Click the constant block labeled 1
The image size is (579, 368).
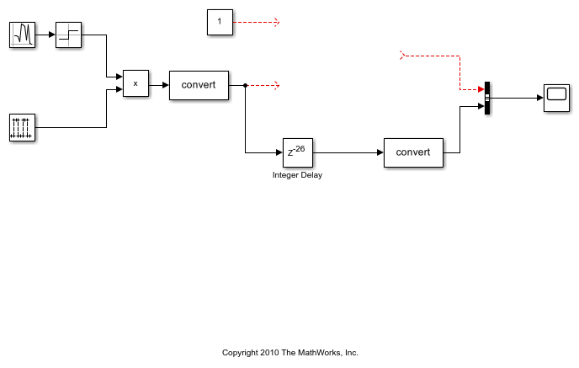[220, 23]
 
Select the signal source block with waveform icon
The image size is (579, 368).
[23, 35]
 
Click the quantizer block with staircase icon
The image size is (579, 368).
[69, 35]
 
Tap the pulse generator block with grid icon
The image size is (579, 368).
[23, 128]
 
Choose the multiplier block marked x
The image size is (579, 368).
[135, 84]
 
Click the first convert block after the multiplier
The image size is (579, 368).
[199, 85]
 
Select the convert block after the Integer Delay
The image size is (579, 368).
[413, 152]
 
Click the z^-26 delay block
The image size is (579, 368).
[297, 152]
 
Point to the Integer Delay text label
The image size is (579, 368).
[297, 175]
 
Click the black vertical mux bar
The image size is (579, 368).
[487, 98]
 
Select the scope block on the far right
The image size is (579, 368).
[556, 98]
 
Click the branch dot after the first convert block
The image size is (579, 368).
[245, 85]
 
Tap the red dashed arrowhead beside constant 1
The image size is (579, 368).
[276, 23]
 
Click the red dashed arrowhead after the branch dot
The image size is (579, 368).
[276, 85]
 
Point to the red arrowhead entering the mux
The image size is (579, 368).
[481, 88]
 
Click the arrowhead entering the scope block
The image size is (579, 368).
[539, 98]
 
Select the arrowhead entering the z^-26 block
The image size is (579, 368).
[279, 152]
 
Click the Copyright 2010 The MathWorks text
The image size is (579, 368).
[289, 352]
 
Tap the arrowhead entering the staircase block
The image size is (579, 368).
[52, 35]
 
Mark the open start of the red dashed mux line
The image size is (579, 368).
[402, 56]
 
